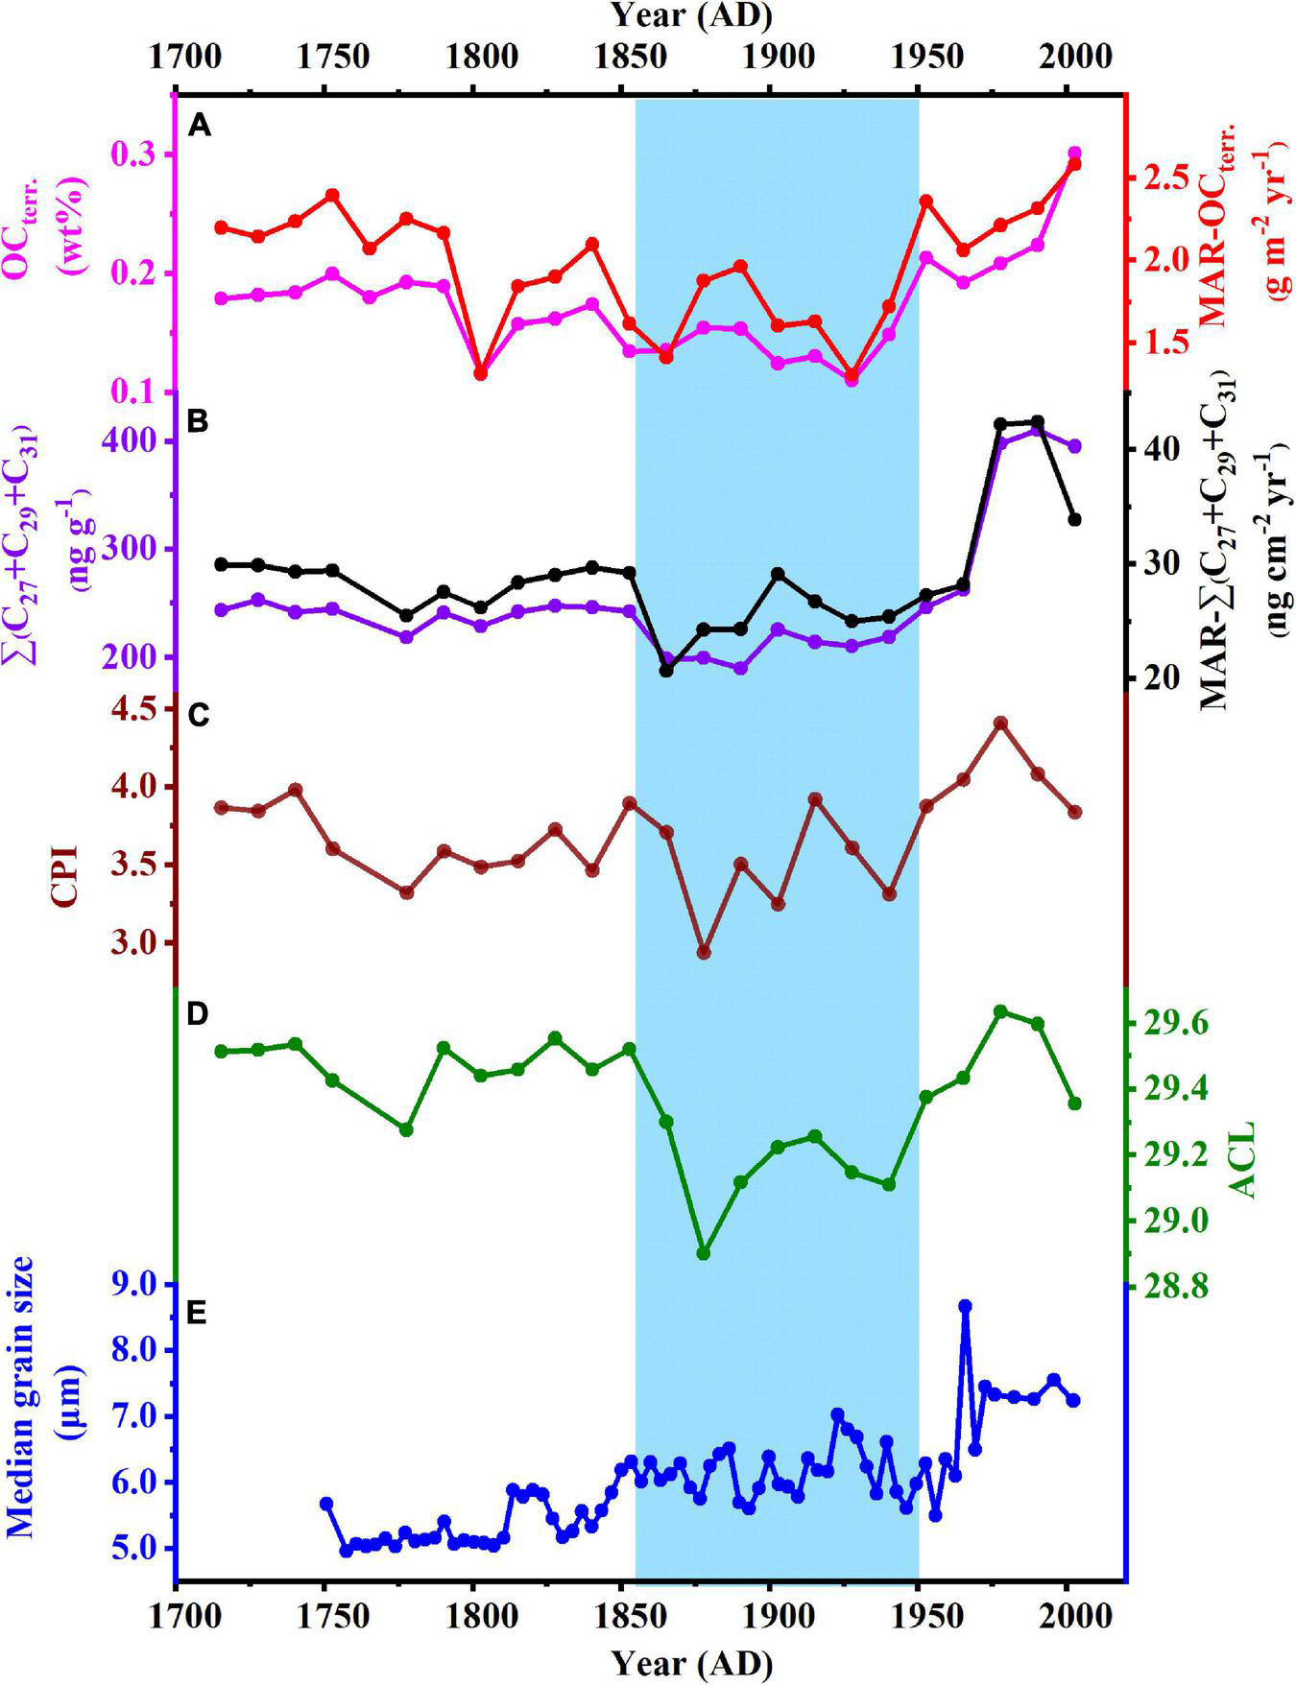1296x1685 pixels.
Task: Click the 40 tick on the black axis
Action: (x=1158, y=449)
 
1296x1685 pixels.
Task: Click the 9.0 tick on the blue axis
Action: (x=137, y=1285)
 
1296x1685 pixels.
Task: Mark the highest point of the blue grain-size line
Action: (x=965, y=1307)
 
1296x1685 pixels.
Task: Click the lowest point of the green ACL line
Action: (x=704, y=1253)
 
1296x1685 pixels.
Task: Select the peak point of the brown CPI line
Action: (x=1000, y=723)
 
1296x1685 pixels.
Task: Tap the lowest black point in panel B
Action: (x=666, y=670)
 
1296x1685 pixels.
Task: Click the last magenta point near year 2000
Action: (x=1074, y=154)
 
